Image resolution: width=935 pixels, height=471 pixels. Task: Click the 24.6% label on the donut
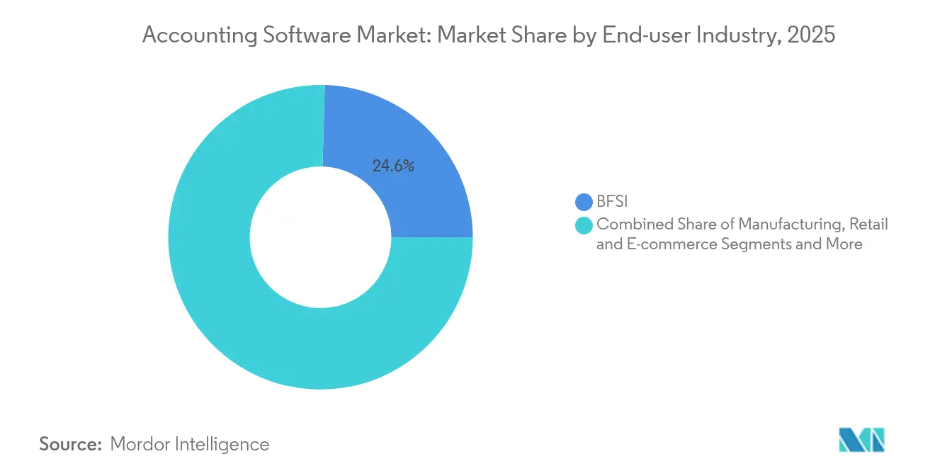coord(392,166)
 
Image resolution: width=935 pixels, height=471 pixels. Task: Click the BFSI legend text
coord(613,203)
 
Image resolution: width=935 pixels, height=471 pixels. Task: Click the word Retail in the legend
coord(870,225)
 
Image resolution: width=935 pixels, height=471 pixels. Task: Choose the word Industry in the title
coord(739,35)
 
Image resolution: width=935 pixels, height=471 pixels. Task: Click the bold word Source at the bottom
coord(71,444)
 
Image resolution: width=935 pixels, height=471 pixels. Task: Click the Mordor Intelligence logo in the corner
coord(862,440)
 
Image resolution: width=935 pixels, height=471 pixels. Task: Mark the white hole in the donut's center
coord(320,237)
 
